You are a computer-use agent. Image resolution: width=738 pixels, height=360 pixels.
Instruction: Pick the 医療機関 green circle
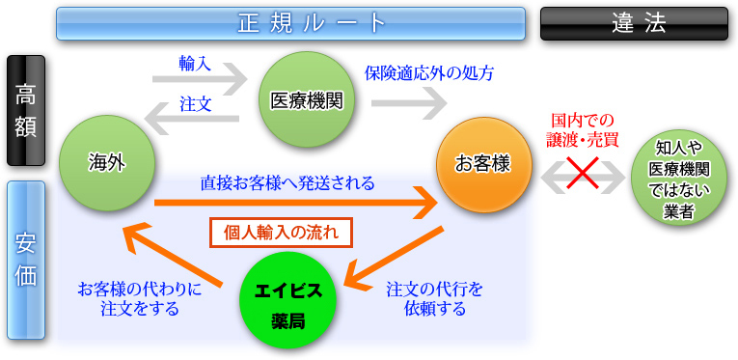click(x=307, y=99)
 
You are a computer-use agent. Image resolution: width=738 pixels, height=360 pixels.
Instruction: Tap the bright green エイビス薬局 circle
click(x=287, y=300)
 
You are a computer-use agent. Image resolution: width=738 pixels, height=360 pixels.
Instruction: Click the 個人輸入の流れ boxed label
click(x=281, y=233)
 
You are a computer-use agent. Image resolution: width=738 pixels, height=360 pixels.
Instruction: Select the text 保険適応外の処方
click(x=428, y=72)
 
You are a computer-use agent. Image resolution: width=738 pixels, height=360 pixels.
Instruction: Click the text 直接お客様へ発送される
click(x=287, y=181)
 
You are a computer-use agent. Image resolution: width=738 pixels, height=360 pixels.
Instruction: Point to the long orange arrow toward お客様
click(x=289, y=202)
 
